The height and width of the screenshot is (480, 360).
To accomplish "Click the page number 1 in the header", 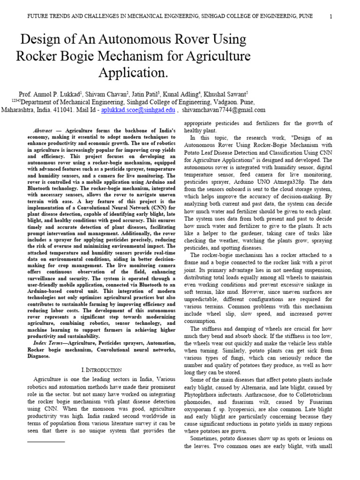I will tap(331, 17).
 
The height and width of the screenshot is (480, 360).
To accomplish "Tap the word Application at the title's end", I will tap(132, 73).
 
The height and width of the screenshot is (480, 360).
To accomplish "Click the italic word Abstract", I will tap(43, 130).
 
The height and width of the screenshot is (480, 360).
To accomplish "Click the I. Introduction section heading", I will tap(102, 370).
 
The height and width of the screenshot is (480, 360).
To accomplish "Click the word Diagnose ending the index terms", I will tap(40, 356).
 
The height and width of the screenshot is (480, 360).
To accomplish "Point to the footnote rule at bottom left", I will tap(46, 442).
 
